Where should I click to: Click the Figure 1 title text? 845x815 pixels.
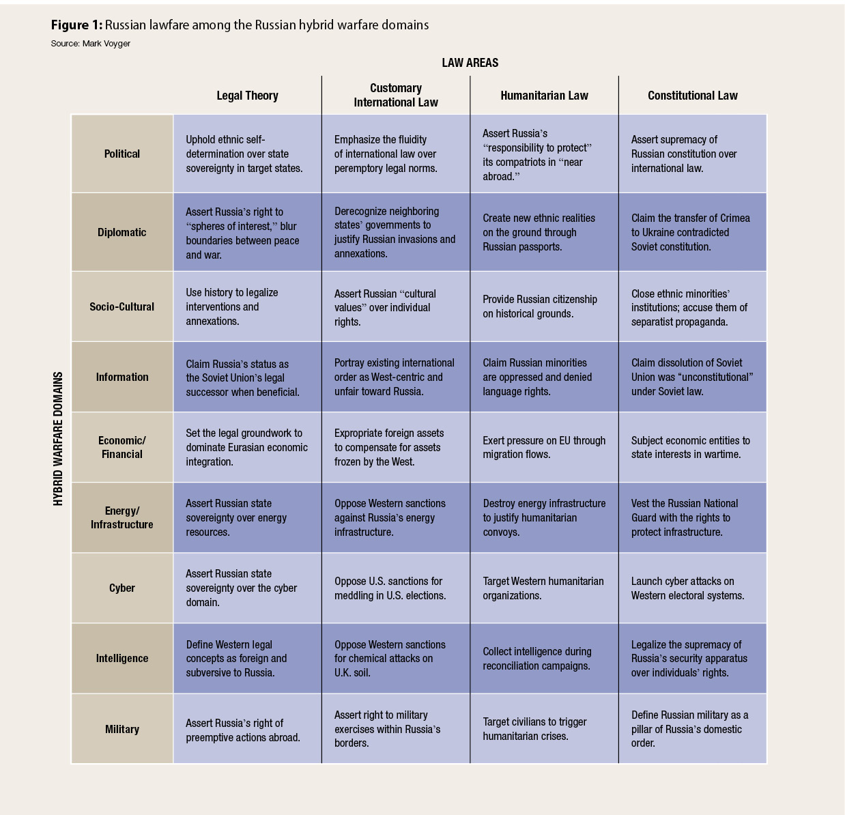[x=240, y=25]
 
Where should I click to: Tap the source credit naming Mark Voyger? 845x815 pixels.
[x=90, y=44]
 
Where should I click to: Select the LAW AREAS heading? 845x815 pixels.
[x=470, y=63]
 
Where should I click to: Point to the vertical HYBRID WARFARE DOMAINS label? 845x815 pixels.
[x=58, y=438]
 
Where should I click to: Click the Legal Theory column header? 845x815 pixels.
[x=247, y=96]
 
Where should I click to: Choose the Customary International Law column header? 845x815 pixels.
[x=396, y=95]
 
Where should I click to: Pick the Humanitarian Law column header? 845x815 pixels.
[x=544, y=96]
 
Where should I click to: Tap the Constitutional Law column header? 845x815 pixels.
[x=693, y=96]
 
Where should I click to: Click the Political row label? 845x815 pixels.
[x=122, y=154]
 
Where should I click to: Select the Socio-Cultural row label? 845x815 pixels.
[x=122, y=306]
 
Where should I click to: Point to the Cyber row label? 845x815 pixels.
[x=122, y=588]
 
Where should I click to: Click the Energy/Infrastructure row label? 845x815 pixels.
[x=122, y=517]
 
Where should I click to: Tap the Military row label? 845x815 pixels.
[x=122, y=729]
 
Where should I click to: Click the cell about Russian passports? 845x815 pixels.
[x=544, y=232]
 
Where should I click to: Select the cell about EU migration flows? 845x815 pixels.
[x=544, y=447]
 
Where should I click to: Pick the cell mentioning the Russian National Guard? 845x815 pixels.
[x=693, y=517]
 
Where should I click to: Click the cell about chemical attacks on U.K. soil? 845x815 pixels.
[x=396, y=658]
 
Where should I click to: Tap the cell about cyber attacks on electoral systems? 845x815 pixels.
[x=693, y=588]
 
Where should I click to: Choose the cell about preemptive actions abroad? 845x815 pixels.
[x=247, y=728]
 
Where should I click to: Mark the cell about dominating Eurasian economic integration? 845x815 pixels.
[x=247, y=447]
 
